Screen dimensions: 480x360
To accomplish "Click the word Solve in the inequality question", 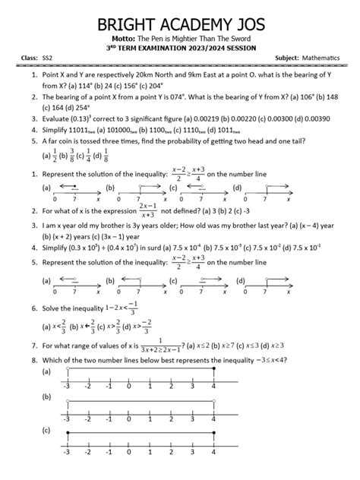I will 52,310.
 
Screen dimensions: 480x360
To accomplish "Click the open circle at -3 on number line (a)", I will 68,369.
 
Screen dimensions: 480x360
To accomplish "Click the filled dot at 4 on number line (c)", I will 215,453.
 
